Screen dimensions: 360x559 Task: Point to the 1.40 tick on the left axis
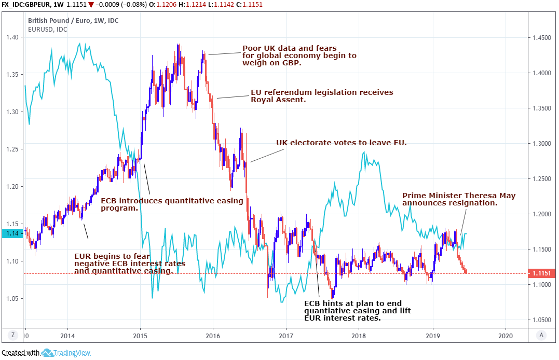12,37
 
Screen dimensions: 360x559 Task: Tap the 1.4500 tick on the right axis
540,37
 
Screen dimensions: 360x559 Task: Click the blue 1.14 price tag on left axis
11,233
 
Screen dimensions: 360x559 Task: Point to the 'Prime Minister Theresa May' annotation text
459,196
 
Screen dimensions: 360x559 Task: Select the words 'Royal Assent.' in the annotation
278,100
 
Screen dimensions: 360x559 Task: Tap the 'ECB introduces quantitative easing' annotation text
172,201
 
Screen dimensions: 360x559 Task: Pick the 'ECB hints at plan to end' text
353,303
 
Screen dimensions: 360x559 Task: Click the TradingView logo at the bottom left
63,353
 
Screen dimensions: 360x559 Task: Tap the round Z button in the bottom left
13,335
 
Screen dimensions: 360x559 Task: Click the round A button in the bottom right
541,335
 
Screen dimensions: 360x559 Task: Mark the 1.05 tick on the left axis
12,299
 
